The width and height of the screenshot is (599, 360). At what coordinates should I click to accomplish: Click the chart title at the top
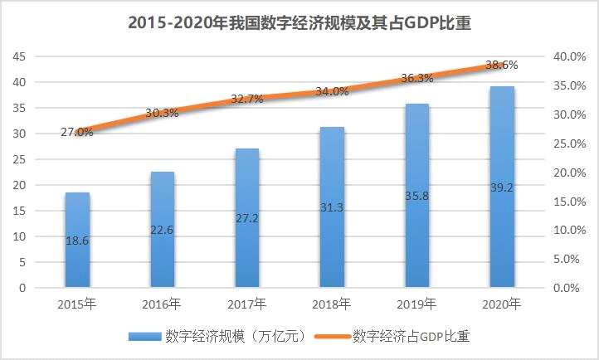click(299, 23)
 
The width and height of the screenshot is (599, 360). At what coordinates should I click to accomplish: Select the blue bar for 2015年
click(77, 241)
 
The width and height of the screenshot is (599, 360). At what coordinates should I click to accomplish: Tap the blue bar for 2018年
click(331, 207)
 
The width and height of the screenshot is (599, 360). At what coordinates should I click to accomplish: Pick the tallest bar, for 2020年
click(501, 187)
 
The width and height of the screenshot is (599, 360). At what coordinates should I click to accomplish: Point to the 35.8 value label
click(416, 197)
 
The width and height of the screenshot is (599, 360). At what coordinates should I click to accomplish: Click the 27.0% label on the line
click(77, 132)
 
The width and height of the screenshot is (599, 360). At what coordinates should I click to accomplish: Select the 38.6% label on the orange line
click(501, 64)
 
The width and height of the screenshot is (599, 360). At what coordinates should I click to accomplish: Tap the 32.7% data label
click(246, 99)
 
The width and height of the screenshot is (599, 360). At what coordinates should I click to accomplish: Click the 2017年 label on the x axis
click(246, 304)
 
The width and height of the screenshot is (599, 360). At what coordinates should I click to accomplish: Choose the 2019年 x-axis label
click(416, 304)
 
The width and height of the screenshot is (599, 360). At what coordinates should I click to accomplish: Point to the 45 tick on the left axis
click(19, 56)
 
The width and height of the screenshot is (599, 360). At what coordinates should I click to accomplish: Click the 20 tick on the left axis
click(19, 185)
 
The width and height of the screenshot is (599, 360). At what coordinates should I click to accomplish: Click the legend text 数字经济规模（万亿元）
click(237, 336)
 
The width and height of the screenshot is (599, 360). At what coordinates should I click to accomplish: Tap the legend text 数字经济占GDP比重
click(412, 336)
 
